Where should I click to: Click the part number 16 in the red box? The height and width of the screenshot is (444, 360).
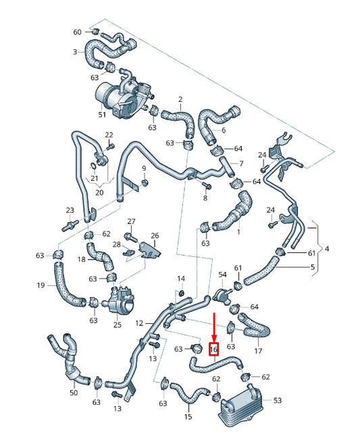point(214,349)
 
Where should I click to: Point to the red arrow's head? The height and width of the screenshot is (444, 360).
point(214,338)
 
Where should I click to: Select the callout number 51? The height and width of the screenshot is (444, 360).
point(102,115)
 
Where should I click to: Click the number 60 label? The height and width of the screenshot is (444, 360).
point(77,32)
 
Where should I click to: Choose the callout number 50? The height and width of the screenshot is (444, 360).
point(74,392)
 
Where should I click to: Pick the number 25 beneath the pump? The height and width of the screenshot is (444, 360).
point(117,325)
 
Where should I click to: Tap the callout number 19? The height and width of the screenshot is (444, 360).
point(41,285)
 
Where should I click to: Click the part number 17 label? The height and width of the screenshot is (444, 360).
point(258,351)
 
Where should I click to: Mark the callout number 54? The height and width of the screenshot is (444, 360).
point(222,275)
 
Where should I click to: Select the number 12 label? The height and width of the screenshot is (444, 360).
point(139,323)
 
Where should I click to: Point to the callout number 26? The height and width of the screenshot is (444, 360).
point(155,235)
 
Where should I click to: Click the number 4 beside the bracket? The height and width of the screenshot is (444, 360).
point(327,249)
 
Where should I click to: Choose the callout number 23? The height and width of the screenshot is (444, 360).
point(70,210)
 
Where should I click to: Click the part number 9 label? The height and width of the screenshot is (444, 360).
point(144,167)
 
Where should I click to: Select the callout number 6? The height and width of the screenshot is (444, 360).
point(223,130)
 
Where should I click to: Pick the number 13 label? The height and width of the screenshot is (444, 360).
point(117,409)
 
